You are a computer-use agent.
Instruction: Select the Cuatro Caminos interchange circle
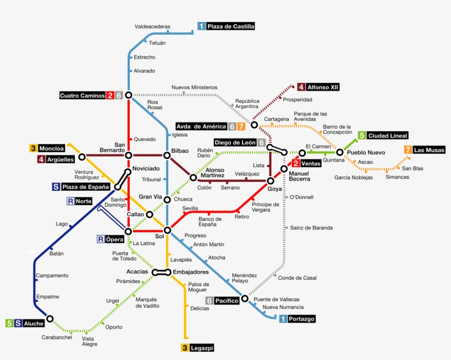pos(129,95)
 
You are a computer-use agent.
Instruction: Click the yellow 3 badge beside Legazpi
pos(185,347)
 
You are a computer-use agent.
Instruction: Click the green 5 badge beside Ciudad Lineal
pos(362,136)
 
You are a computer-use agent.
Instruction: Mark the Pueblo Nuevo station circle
pos(340,152)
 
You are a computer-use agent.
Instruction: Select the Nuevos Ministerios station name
pos(194,87)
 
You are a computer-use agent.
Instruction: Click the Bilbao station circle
pos(167,155)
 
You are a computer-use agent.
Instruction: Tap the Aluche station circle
pos(50,318)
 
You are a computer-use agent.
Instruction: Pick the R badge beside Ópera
pos(101,239)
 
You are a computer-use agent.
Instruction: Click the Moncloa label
pos(52,148)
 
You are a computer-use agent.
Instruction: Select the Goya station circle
pos(271,180)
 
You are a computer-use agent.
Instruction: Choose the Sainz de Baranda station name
pos(311,228)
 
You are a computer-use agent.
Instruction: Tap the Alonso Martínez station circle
pos(193,177)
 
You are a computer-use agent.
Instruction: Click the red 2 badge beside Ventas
pos(296,163)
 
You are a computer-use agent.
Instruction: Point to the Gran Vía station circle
pos(167,200)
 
